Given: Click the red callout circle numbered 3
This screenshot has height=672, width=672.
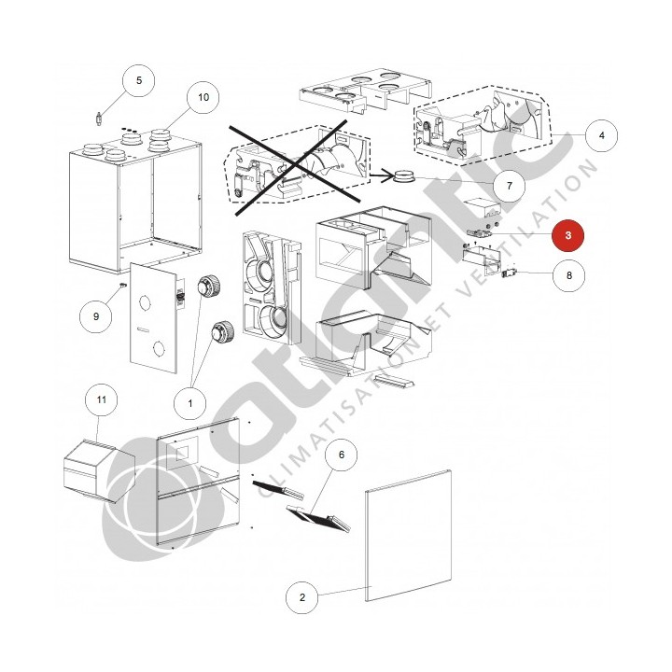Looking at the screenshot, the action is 567,235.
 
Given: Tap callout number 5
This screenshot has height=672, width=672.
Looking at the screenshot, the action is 138,80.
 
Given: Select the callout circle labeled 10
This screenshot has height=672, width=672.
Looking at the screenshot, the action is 203,97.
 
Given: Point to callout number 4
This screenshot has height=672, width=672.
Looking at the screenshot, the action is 602,135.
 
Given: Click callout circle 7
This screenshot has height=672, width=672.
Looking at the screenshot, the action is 510,186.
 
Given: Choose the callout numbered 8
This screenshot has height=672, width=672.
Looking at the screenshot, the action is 568,275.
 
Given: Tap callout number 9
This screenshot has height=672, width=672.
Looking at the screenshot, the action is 95,316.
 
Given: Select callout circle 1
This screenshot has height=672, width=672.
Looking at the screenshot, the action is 189,403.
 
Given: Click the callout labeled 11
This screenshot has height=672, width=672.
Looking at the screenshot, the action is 101,399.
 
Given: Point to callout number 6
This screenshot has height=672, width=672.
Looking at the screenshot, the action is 342,455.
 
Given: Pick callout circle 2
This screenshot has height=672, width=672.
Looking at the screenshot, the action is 302,597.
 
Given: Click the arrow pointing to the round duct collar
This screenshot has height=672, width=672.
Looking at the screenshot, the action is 381,175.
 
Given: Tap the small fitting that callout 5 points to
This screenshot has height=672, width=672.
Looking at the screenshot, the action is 99,119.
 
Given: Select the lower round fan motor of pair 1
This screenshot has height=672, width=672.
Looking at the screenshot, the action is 222,331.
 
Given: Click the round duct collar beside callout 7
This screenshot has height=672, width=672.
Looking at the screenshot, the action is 404,176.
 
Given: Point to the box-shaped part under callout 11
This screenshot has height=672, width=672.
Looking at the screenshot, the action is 99,470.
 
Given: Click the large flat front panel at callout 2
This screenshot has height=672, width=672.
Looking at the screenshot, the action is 408,536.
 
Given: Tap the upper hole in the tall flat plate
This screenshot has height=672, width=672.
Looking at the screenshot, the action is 145,303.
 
